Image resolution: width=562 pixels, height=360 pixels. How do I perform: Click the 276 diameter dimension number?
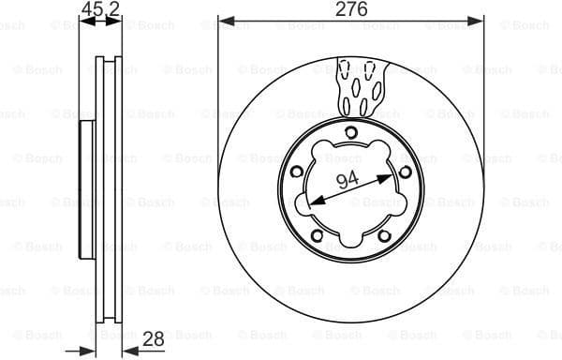353,9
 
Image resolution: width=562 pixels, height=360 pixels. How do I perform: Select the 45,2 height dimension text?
101,9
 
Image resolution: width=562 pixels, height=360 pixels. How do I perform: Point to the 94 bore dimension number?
348,182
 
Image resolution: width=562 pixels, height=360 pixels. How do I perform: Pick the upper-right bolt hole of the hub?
405,172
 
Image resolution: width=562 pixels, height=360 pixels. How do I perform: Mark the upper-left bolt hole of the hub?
297,172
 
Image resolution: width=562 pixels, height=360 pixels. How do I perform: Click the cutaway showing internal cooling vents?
360,84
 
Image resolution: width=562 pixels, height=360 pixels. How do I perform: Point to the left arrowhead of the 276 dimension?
224,19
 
